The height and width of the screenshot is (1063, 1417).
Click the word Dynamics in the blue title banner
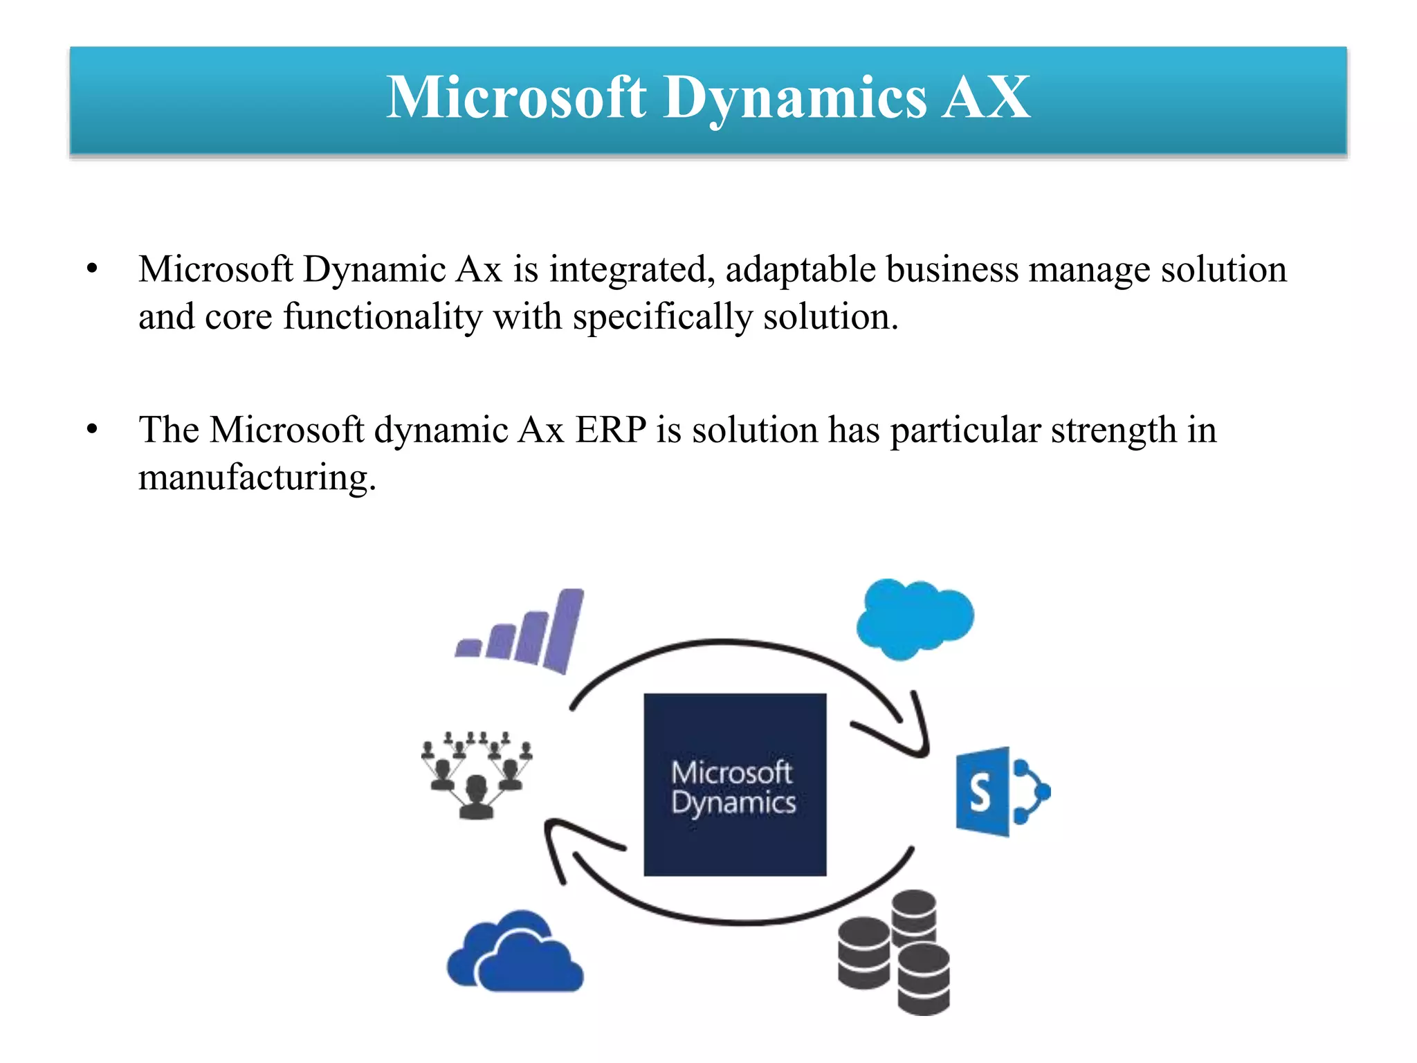point(795,99)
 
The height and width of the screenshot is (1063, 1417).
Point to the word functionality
point(383,317)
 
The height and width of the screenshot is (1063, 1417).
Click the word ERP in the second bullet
point(611,430)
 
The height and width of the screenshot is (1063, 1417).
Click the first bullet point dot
point(93,269)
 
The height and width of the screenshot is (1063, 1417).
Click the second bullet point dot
point(93,430)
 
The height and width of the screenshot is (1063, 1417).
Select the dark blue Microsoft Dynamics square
point(735,784)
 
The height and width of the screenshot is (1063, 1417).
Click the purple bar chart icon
point(522,632)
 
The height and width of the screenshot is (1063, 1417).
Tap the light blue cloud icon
point(914,618)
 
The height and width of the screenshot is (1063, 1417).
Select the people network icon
point(477,774)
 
